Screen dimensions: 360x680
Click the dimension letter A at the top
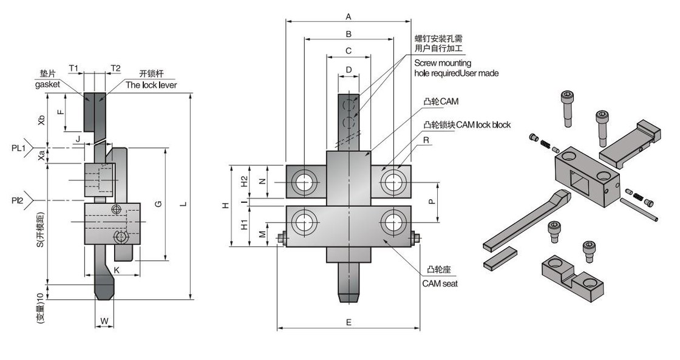pyautogui.click(x=348, y=16)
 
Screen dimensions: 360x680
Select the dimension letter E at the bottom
pyautogui.click(x=348, y=322)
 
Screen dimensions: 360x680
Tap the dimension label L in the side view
pyautogui.click(x=183, y=204)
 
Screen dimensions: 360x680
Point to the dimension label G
pyautogui.click(x=158, y=204)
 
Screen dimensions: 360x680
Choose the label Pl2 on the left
pyautogui.click(x=17, y=200)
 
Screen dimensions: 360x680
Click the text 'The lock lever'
pyautogui.click(x=151, y=85)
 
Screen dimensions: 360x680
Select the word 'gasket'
pyautogui.click(x=47, y=85)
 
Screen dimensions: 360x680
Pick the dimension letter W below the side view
pyautogui.click(x=104, y=320)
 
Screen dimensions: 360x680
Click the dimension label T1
pyautogui.click(x=73, y=68)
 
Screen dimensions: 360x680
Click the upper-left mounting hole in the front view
pyautogui.click(x=302, y=181)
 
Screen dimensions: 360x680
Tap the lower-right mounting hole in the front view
pyautogui.click(x=392, y=223)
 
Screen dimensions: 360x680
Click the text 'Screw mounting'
pyautogui.click(x=443, y=63)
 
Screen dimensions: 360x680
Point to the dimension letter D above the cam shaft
pyautogui.click(x=348, y=70)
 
